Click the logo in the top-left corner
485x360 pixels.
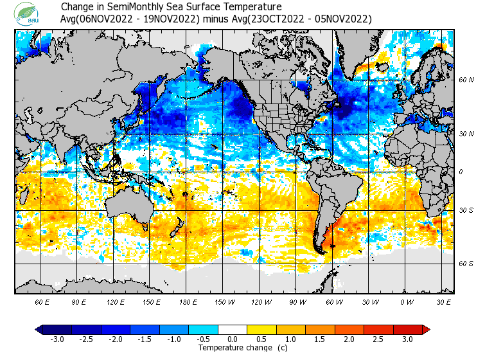pos(28,13)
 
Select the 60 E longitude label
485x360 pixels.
pos(42,301)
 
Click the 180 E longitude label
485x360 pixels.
pos(188,301)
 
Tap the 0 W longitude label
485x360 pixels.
pos(407,301)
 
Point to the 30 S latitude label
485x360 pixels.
pos(466,211)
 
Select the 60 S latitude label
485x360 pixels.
pos(466,264)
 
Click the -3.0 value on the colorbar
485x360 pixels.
pos(57,339)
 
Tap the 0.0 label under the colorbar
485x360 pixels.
pos(233,339)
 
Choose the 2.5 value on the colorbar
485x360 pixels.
pos(378,339)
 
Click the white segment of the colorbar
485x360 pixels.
pos(233,330)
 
